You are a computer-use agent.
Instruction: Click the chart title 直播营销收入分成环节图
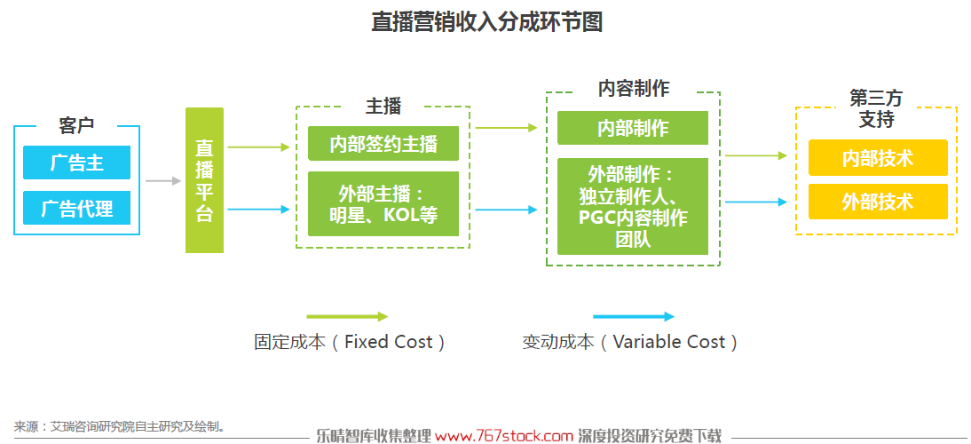point(486,22)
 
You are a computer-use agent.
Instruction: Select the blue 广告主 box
point(77,163)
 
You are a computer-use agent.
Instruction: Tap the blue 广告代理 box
point(77,208)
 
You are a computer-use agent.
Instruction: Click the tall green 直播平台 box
point(204,180)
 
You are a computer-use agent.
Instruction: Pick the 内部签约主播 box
point(383,144)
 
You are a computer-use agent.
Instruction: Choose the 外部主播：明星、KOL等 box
point(383,203)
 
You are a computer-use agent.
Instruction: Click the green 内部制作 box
point(633,128)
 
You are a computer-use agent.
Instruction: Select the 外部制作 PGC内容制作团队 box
point(633,206)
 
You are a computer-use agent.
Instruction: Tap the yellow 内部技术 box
point(878,157)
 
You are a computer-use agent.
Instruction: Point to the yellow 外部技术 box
point(878,202)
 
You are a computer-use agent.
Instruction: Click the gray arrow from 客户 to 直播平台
point(163,181)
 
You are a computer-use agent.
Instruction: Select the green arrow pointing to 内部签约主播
point(259,147)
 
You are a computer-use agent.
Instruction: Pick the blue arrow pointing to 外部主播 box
point(259,210)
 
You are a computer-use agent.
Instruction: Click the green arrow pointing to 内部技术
point(756,156)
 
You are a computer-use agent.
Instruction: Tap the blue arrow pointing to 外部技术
point(756,202)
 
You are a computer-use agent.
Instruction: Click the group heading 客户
point(77,126)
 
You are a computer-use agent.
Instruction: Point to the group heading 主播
point(383,107)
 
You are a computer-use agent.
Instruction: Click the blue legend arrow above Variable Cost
point(634,317)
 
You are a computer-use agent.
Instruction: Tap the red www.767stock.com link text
point(504,436)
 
